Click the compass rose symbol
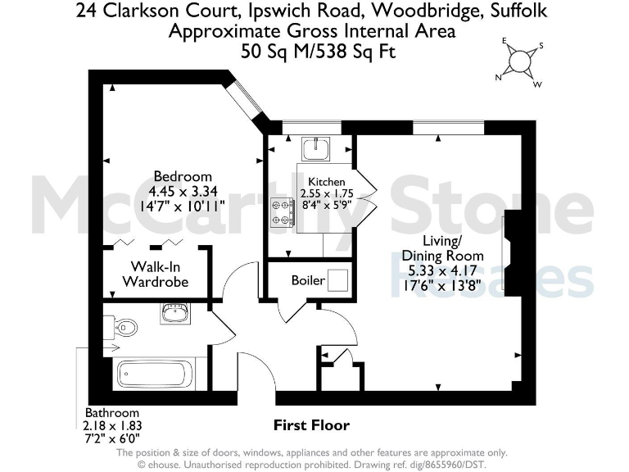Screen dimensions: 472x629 click(x=518, y=62)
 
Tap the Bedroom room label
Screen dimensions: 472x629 click(x=183, y=176)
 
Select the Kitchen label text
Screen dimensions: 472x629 click(x=326, y=181)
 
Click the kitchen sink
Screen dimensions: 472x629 click(x=314, y=148)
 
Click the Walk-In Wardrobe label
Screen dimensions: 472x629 click(x=155, y=274)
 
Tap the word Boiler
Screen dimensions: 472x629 click(x=308, y=281)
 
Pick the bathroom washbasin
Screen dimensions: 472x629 click(x=175, y=314)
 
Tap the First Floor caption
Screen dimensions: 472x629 click(x=310, y=425)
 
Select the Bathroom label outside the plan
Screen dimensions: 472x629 click(x=112, y=413)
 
